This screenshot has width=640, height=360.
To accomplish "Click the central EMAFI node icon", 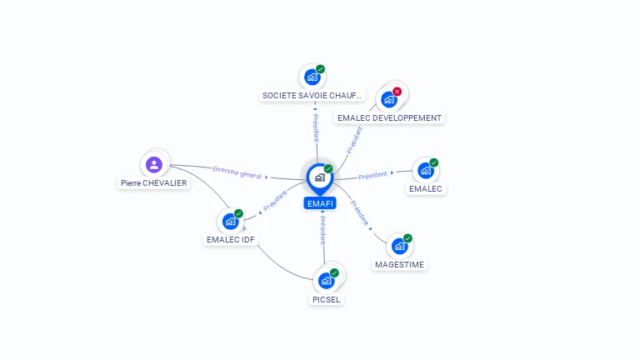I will pos(319,177).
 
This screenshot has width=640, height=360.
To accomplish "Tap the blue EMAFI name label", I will pos(320,202).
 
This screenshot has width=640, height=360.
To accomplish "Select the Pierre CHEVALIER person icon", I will pos(153,164).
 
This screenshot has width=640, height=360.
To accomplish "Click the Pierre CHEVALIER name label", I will pos(153,183).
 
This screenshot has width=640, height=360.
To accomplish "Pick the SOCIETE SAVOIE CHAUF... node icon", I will pos(312,77).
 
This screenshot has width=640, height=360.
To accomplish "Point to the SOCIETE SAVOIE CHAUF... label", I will pos(312,96).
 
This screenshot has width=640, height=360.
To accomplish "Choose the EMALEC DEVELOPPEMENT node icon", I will pos(388,100).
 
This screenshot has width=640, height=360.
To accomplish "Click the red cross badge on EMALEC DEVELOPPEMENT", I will pos(397,92).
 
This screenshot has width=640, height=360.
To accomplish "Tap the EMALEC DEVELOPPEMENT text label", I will pos(389,118).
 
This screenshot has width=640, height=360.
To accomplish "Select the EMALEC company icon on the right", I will pos(426,171).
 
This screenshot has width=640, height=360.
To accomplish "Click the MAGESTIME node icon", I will pos(400,247).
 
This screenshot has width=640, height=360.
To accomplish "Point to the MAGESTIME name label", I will pos(399,265).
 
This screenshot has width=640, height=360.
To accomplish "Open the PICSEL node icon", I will pos(326,281).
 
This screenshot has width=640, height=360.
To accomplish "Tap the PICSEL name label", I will pos(326,299).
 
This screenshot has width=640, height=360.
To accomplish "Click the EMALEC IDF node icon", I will pos(230,222).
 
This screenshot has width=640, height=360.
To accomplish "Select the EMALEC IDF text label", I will pos(231,240).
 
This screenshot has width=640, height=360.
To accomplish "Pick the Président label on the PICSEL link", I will pos(322,230).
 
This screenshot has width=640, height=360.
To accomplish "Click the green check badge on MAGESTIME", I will pos(407,238).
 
